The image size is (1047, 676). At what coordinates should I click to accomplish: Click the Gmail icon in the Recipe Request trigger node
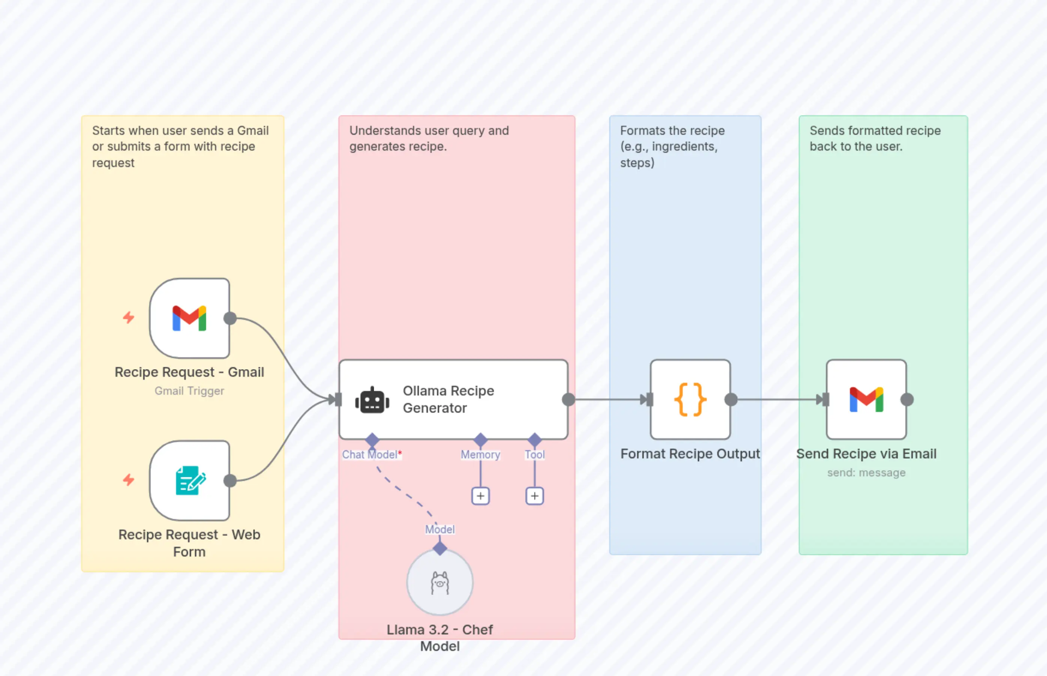click(x=189, y=318)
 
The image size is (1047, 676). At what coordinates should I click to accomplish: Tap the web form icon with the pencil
click(x=190, y=481)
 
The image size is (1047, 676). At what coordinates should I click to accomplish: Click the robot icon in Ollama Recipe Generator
click(x=372, y=400)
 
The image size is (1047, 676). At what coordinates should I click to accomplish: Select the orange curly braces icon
click(x=690, y=400)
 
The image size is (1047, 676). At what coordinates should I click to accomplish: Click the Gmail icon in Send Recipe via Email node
click(x=866, y=400)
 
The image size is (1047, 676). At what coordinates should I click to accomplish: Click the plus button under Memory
click(x=480, y=496)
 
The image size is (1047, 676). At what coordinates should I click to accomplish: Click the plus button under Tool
click(x=534, y=496)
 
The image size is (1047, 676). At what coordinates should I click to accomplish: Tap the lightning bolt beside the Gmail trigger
click(x=128, y=317)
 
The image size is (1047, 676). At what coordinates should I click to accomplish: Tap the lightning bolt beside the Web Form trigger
click(x=128, y=480)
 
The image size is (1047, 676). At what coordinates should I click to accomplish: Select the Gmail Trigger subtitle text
click(x=189, y=391)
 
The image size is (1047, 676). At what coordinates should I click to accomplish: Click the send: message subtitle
click(x=866, y=473)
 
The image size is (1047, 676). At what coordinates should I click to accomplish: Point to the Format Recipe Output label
click(x=690, y=454)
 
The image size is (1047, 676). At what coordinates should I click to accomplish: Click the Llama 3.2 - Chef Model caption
click(x=440, y=637)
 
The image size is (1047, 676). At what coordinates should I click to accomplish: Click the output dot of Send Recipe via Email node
click(x=907, y=400)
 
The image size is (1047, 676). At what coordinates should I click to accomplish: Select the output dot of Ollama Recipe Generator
click(x=568, y=400)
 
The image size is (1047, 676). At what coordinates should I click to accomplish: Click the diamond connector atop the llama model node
click(x=440, y=548)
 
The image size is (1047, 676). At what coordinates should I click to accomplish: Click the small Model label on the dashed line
click(x=440, y=530)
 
